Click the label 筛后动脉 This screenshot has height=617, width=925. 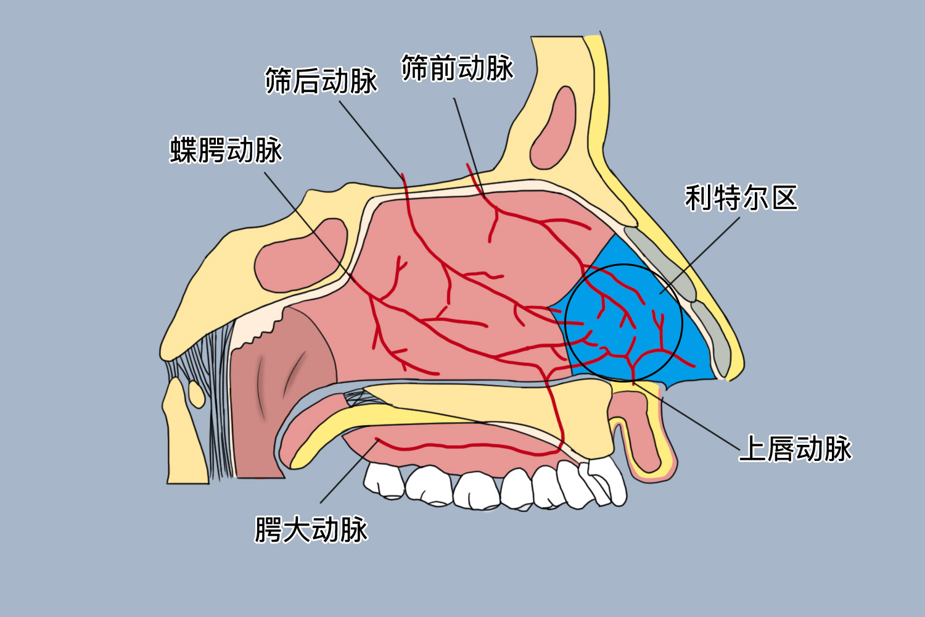[321, 81]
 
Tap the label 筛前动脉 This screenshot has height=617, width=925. [457, 68]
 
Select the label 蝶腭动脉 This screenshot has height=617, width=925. [226, 150]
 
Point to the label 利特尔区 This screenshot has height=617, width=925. [741, 198]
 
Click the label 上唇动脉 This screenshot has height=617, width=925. [795, 449]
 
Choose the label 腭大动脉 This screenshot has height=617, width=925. [311, 529]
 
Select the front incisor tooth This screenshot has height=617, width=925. [607, 481]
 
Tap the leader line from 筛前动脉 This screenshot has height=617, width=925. [466, 133]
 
